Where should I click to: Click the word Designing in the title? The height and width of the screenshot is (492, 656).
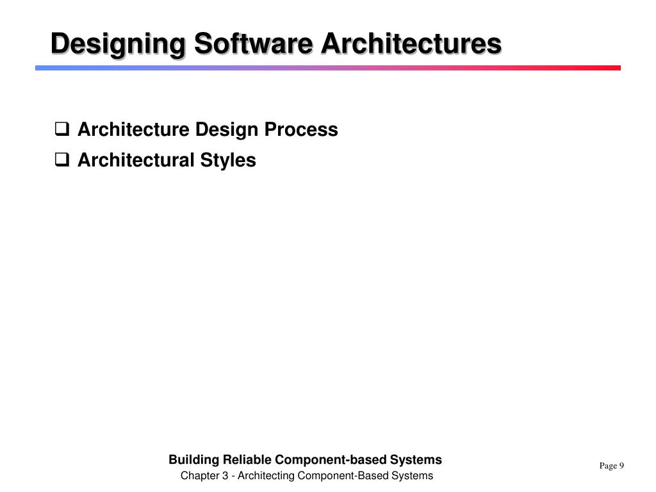tap(118, 44)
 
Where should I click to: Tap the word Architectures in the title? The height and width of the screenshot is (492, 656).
tap(411, 44)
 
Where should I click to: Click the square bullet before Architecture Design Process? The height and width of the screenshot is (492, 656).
tap(62, 130)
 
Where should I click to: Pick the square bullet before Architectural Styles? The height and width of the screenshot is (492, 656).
tap(62, 160)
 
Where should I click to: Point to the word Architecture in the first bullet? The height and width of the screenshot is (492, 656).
tap(133, 130)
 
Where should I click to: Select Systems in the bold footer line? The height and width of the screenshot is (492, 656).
tap(416, 460)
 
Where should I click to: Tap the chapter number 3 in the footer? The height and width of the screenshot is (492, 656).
tap(227, 476)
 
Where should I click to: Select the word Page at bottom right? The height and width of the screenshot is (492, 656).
tap(607, 466)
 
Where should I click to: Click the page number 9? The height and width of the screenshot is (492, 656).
tap(621, 466)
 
